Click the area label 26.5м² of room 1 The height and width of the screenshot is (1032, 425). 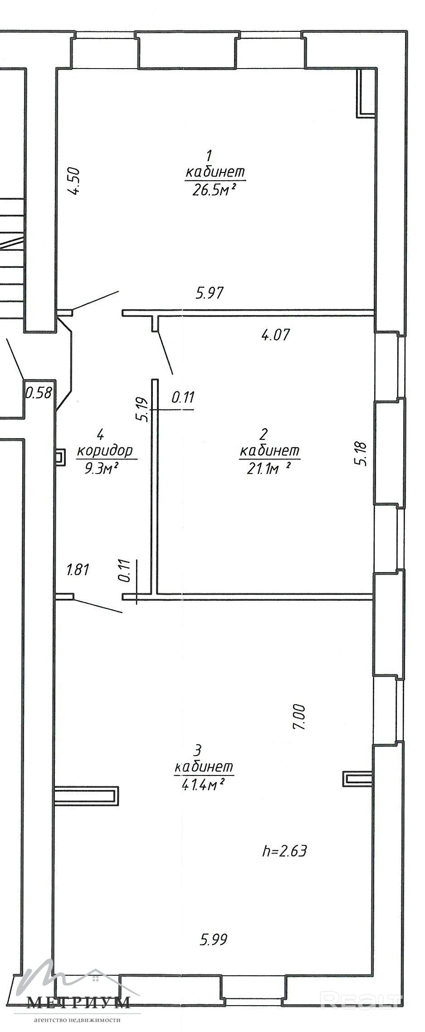215,190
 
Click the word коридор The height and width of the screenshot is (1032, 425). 105,451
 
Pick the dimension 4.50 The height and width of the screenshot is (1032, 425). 74,181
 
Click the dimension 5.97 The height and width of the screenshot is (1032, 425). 210,293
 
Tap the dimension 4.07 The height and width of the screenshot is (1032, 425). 275,335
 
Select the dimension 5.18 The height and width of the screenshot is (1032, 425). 363,454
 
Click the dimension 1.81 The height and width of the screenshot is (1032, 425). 78,569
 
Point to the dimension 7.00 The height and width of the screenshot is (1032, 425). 300,717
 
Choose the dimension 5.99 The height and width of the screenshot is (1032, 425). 213,939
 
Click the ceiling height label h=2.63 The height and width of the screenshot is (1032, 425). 284,850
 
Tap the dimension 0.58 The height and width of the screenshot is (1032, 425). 39,392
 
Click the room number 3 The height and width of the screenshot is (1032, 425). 197,749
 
